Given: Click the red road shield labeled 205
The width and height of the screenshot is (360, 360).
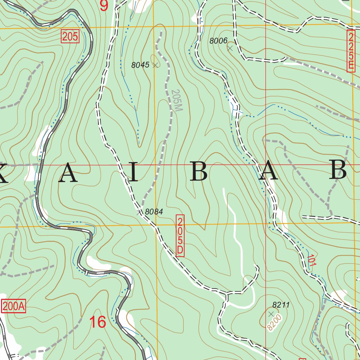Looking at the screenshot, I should pyautogui.click(x=70, y=37).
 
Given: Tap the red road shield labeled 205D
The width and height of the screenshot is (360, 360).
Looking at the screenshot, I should pyautogui.click(x=180, y=235).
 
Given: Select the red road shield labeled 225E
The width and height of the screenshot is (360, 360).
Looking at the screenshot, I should pyautogui.click(x=351, y=51).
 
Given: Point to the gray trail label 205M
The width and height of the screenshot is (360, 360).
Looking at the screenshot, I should pyautogui.click(x=176, y=101).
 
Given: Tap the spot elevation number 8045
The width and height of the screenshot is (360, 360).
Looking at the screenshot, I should pyautogui.click(x=140, y=65).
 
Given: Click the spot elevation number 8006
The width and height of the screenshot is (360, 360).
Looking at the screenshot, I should pyautogui.click(x=218, y=41).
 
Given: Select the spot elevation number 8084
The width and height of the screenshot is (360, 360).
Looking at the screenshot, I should pyautogui.click(x=154, y=212).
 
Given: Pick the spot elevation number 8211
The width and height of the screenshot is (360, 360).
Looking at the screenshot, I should pyautogui.click(x=281, y=305).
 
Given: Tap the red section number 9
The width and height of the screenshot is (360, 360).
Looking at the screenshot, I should pyautogui.click(x=104, y=6).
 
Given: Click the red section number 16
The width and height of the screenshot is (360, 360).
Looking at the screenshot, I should pyautogui.click(x=98, y=322).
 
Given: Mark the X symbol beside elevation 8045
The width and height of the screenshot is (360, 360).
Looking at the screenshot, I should pyautogui.click(x=155, y=65).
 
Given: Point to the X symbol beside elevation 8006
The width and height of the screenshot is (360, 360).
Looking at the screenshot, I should pyautogui.click(x=230, y=48).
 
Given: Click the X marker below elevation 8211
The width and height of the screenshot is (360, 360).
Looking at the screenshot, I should pyautogui.click(x=271, y=313).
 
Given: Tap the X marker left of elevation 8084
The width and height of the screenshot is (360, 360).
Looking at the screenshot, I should pyautogui.click(x=139, y=212).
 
